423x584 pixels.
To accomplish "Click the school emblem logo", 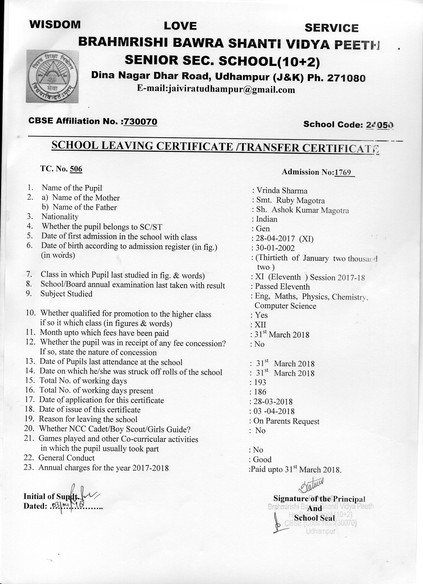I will (52, 77).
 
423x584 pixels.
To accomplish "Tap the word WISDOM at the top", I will (55, 24).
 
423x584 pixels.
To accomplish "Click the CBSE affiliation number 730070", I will (140, 121).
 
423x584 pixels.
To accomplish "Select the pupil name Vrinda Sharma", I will (282, 191).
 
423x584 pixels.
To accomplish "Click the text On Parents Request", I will (286, 421).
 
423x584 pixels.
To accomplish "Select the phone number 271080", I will (346, 78).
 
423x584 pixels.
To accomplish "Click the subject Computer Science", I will (285, 306).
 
